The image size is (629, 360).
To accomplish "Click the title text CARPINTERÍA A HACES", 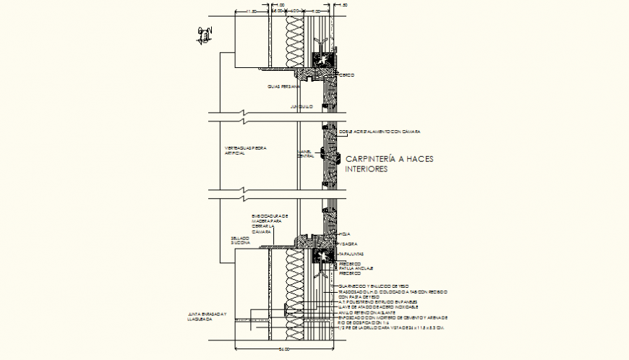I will click(x=390, y=159).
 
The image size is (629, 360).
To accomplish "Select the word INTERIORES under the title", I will click(x=367, y=169).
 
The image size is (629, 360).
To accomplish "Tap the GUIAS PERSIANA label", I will click(x=278, y=86).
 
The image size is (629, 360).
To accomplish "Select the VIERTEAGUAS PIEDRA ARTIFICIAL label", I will click(x=245, y=150).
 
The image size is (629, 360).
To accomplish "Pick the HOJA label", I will click(x=345, y=234).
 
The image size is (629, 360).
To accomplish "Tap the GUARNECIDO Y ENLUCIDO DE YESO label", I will click(x=373, y=286).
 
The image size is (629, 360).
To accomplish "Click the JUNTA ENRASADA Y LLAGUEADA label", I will click(x=207, y=317).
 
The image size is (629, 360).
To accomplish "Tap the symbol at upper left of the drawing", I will click(x=205, y=33).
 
